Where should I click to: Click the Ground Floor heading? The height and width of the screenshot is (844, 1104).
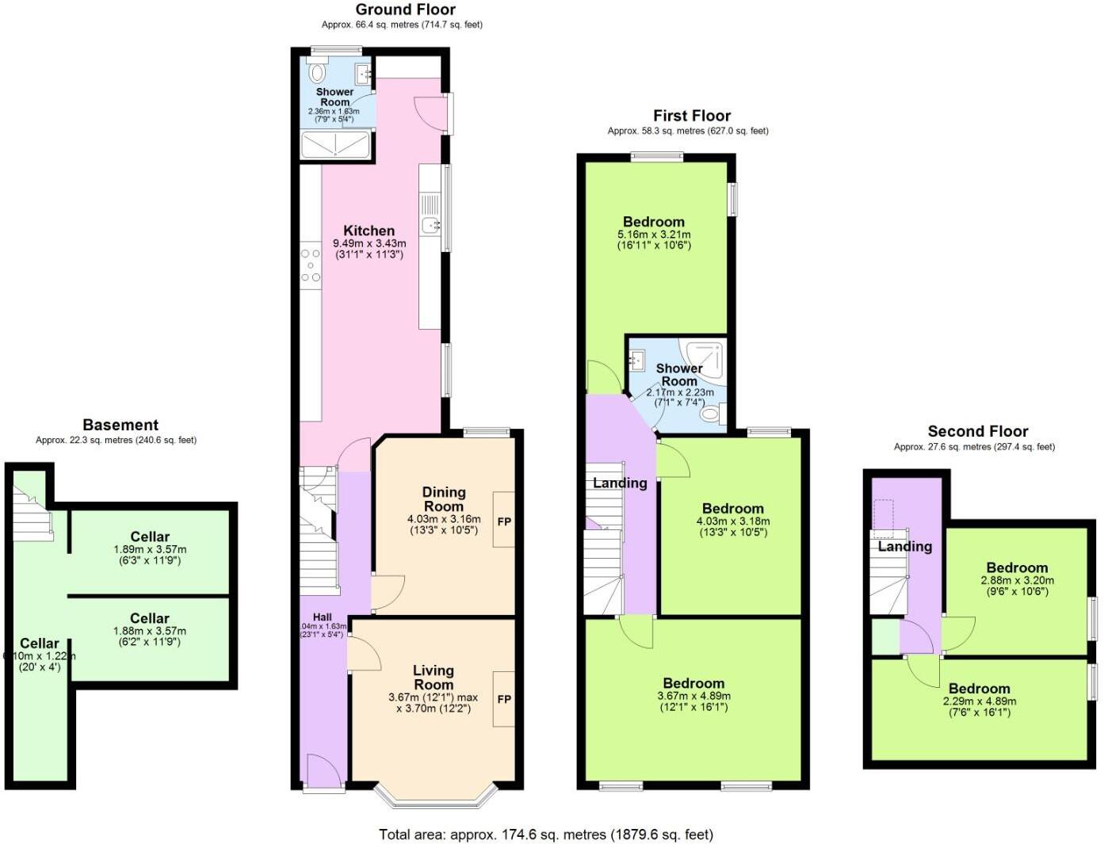pyautogui.click(x=405, y=10)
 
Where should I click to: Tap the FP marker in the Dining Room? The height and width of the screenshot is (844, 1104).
pyautogui.click(x=504, y=521)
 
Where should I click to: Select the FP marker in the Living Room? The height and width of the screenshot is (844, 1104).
pyautogui.click(x=504, y=699)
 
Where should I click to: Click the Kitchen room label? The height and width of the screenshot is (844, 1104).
pyautogui.click(x=369, y=231)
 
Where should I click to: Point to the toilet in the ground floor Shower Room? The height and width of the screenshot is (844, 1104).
pyautogui.click(x=318, y=74)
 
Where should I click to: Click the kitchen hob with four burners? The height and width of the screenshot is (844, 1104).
pyautogui.click(x=311, y=265)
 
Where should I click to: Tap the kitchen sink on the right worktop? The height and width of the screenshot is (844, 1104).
pyautogui.click(x=430, y=226)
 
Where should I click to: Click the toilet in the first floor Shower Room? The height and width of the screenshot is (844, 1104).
pyautogui.click(x=711, y=413)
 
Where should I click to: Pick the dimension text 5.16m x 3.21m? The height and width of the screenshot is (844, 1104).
pyautogui.click(x=653, y=235)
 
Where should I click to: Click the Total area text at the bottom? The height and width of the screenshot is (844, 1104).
pyautogui.click(x=545, y=834)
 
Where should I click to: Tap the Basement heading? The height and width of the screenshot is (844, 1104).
pyautogui.click(x=120, y=426)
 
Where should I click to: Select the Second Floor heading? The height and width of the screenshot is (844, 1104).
pyautogui.click(x=977, y=432)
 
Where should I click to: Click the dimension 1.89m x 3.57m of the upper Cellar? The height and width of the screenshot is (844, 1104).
pyautogui.click(x=150, y=549)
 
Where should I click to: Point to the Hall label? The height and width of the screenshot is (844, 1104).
pyautogui.click(x=322, y=617)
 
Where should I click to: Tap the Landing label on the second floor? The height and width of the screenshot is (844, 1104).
pyautogui.click(x=904, y=547)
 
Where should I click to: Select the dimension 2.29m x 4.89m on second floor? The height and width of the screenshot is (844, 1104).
pyautogui.click(x=979, y=701)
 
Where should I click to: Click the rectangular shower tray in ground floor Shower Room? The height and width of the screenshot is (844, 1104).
pyautogui.click(x=336, y=145)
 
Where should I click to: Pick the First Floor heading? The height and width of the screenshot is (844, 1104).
pyautogui.click(x=691, y=116)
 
